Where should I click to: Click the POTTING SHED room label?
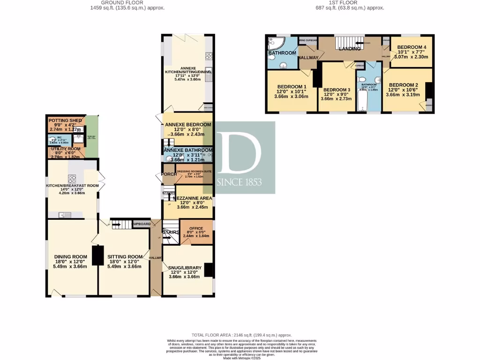pyautogui.click(x=66, y=120)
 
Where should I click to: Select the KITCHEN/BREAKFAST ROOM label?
pyautogui.click(x=72, y=186)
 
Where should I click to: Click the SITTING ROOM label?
pyautogui.click(x=125, y=256)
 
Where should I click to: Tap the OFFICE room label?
pyautogui.click(x=195, y=228)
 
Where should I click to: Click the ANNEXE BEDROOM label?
pyautogui.click(x=188, y=125)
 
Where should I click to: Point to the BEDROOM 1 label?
pyautogui.click(x=292, y=87)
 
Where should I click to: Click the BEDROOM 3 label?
pyautogui.click(x=337, y=90)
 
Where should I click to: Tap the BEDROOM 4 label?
pyautogui.click(x=412, y=47)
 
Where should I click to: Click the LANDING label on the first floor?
pyautogui.click(x=350, y=48)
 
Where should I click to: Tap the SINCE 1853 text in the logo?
pyautogui.click(x=240, y=182)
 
